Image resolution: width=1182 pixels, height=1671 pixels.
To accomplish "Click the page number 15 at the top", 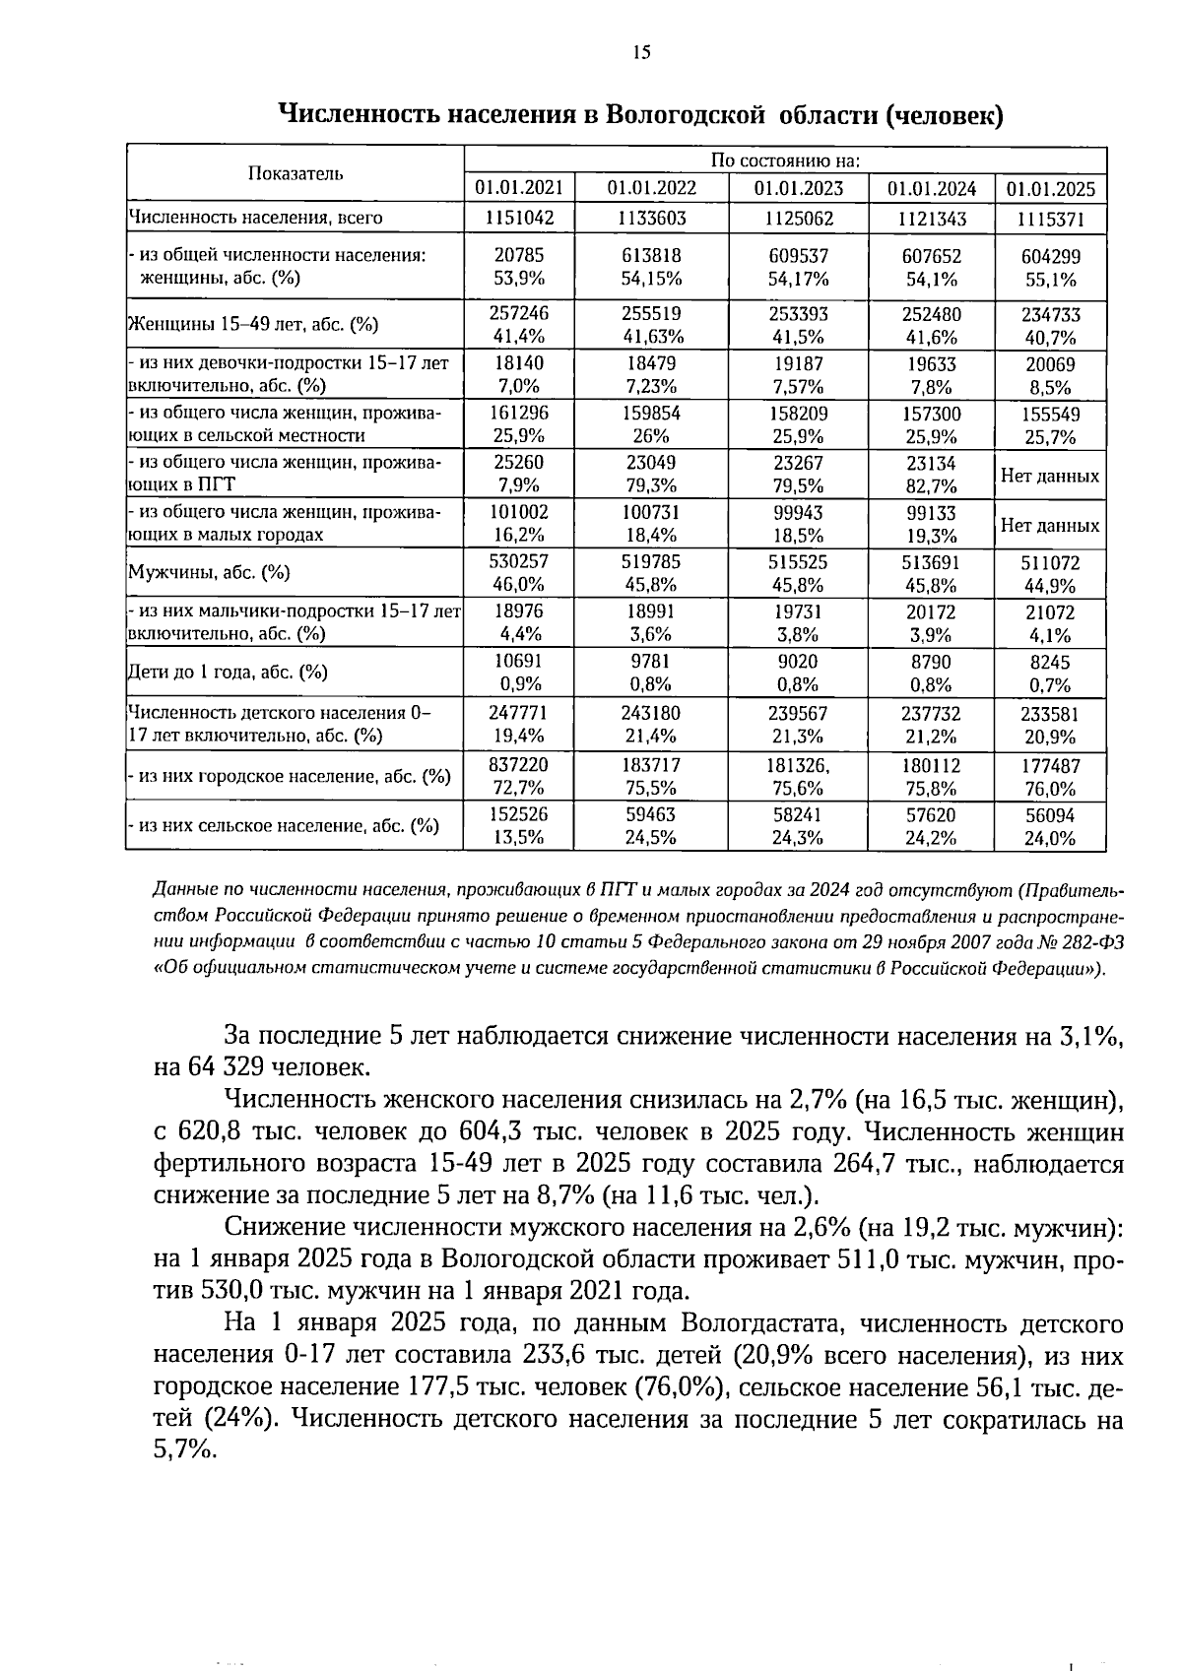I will pos(641,53).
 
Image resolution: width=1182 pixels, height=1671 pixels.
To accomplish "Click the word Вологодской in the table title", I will pos(685,115).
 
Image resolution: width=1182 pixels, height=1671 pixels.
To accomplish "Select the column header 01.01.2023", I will pos(798,188).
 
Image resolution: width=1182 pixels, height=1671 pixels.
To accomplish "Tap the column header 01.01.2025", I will pos(1050,188).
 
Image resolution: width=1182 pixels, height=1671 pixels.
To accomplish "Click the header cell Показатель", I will pos(295,173).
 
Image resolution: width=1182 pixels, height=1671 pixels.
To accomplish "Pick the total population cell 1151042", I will pos(519,218).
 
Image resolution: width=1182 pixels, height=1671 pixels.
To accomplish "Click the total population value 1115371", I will pos(1050,219).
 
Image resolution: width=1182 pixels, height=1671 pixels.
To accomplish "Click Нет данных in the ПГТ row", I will pos(1050,476).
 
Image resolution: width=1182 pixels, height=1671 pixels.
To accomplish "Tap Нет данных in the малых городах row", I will pos(1050,525).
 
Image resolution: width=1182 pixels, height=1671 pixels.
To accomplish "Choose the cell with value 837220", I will pos(519,765).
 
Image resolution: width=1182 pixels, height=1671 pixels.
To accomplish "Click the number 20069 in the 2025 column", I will pos(1050,364).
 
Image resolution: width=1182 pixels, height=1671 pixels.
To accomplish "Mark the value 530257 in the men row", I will pos(519,561).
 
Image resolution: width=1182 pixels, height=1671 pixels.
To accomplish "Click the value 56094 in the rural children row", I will pos(1050,815).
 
